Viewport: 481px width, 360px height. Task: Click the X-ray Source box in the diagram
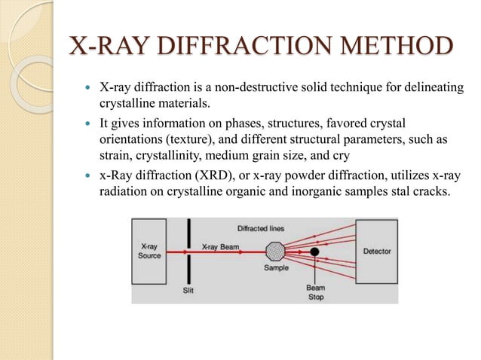click(x=149, y=251)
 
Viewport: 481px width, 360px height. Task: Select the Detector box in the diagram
click(x=377, y=251)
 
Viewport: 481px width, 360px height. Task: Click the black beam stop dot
click(x=314, y=250)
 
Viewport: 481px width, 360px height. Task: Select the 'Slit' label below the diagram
click(x=187, y=290)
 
